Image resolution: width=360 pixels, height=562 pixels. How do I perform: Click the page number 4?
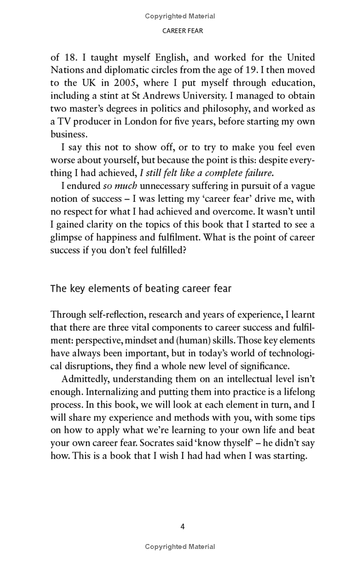[x=182, y=526]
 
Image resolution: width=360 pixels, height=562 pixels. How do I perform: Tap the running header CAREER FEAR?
[x=180, y=31]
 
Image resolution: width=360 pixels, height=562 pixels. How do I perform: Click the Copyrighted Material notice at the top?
[x=180, y=16]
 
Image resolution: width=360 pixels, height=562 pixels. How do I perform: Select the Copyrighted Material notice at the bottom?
[x=180, y=547]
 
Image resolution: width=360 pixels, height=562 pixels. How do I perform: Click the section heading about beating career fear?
[x=141, y=288]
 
